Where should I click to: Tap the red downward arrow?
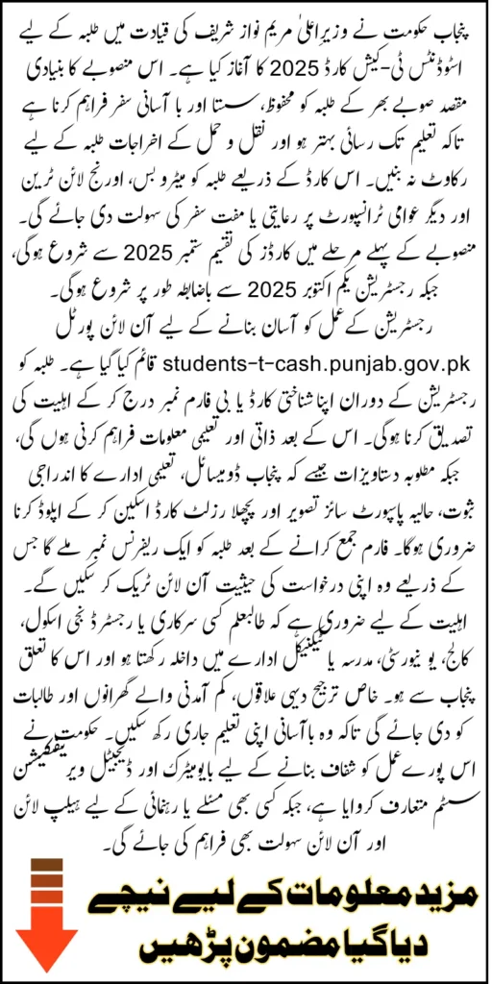pyautogui.click(x=40, y=918)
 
